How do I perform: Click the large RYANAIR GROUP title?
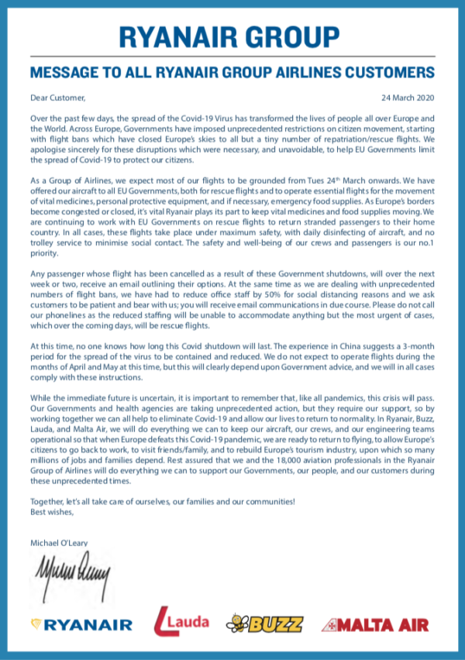(x=232, y=36)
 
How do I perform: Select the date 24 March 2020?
(x=408, y=98)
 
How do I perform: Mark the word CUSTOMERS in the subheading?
(x=381, y=74)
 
